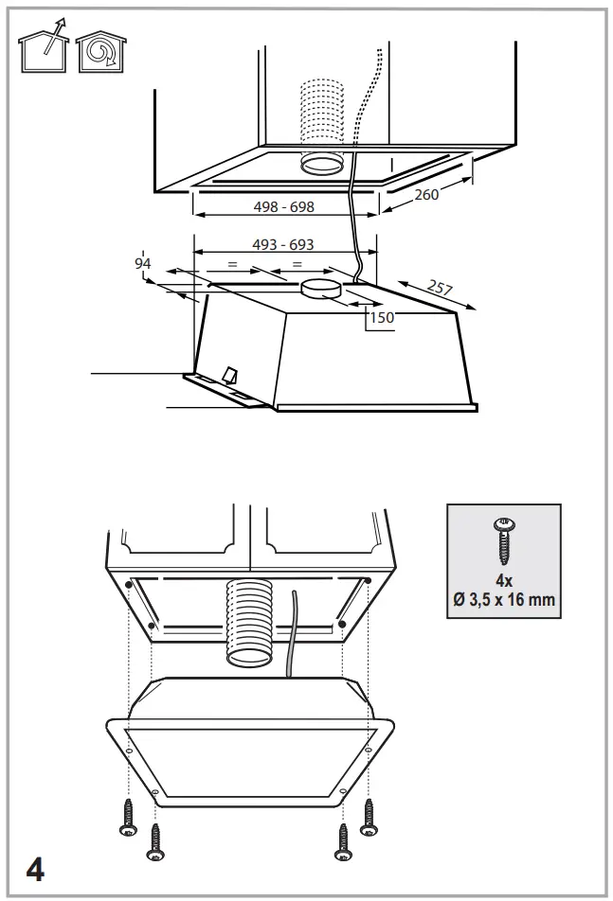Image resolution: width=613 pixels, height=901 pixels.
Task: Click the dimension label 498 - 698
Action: click(283, 206)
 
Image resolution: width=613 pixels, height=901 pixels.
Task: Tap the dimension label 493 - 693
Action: click(283, 245)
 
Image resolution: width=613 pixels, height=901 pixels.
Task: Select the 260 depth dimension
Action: click(426, 195)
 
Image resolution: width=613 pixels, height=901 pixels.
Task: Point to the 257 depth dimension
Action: click(440, 287)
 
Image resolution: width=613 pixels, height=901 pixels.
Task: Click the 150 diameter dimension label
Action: click(382, 317)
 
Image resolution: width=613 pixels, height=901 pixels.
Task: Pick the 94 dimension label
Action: click(143, 263)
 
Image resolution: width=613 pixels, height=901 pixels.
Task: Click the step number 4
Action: click(35, 870)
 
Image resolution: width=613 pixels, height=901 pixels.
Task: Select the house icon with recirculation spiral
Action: click(101, 52)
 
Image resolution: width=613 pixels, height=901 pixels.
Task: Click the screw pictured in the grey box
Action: click(504, 540)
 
